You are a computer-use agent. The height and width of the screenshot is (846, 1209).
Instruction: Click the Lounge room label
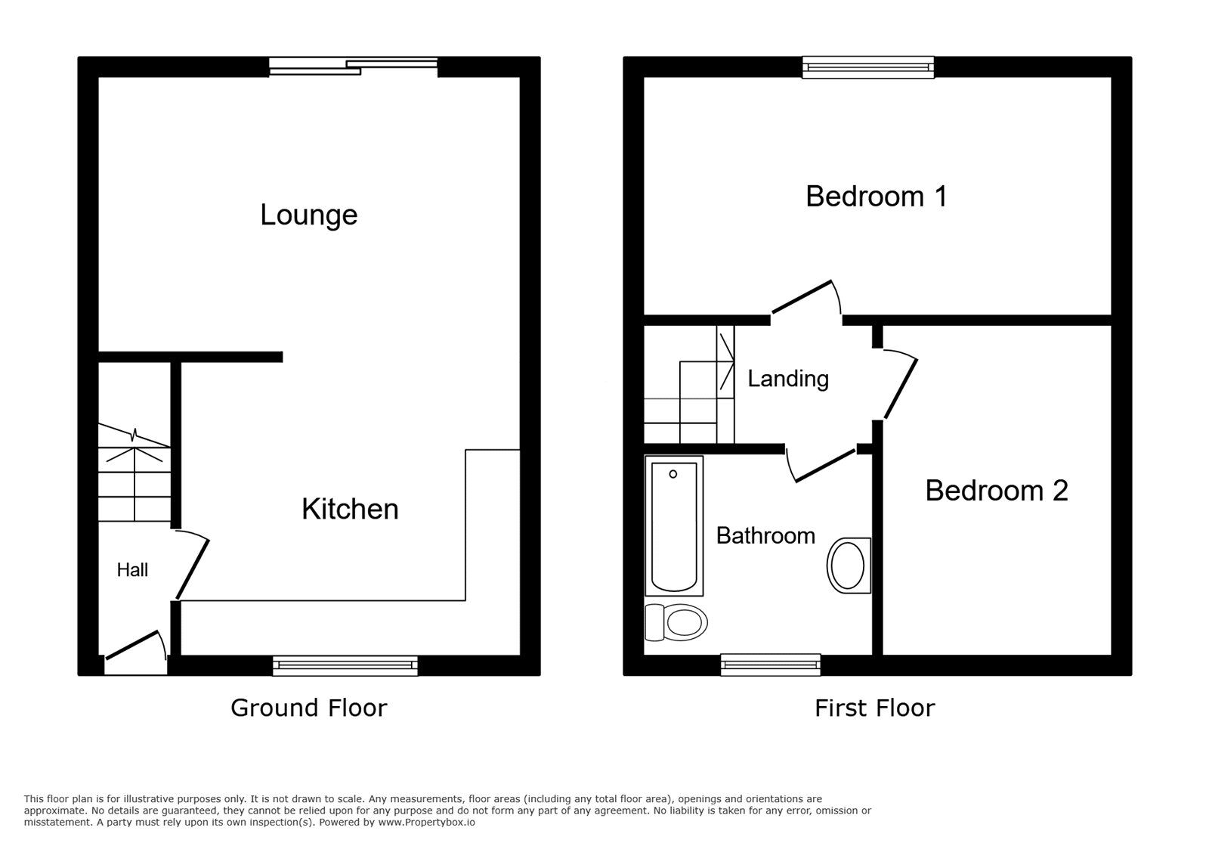pos(309,215)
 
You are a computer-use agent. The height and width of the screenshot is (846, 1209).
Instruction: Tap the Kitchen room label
pos(350,509)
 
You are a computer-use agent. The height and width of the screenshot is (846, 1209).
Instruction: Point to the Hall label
pos(132,569)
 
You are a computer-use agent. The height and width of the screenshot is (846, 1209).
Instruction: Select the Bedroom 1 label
pos(876,196)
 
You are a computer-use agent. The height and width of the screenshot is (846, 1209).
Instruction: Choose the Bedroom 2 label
pos(997,491)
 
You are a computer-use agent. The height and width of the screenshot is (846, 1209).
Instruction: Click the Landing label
pos(788,379)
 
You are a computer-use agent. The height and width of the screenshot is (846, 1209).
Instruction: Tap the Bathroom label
pos(765,535)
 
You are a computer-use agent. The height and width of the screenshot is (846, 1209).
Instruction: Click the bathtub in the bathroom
pos(674,526)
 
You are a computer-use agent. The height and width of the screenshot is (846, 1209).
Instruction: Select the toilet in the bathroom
pos(676,622)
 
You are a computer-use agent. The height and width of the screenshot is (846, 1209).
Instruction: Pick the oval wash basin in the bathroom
pos(849,566)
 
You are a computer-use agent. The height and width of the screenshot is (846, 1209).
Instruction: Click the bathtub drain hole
pos(673,474)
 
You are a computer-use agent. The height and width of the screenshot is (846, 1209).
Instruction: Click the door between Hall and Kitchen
pos(192,567)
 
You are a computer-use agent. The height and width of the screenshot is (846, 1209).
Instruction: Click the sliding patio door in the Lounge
pos(354,67)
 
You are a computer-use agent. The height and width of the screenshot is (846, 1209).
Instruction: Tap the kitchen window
pos(345,665)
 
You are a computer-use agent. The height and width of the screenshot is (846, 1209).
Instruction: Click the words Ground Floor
pos(309,708)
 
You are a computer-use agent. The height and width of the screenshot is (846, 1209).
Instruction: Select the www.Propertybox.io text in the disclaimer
pos(426,823)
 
